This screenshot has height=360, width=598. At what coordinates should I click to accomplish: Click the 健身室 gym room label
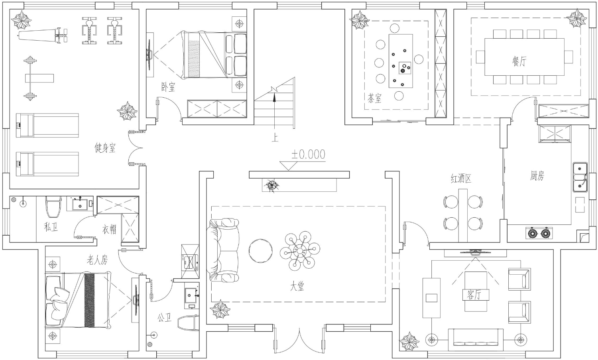[105, 148]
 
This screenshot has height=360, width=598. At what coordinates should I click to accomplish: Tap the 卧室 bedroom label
[168, 87]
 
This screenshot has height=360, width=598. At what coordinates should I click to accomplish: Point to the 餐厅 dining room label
[519, 61]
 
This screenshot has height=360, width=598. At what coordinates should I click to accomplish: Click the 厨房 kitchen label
[537, 176]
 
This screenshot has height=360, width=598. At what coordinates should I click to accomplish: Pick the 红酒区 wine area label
[461, 178]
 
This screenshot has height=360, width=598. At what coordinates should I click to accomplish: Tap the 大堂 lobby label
[297, 287]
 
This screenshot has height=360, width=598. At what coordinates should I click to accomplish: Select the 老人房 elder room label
[97, 260]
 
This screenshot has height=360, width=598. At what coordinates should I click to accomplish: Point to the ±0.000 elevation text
[308, 154]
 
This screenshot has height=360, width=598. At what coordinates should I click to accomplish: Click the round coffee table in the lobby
[261, 251]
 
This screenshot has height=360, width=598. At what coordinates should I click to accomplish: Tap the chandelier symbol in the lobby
[300, 251]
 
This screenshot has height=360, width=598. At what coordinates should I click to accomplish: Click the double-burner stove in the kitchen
[539, 233]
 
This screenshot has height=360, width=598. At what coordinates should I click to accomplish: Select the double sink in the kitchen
[580, 177]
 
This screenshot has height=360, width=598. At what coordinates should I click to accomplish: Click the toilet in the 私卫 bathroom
[53, 207]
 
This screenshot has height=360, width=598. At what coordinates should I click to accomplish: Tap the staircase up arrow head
[274, 98]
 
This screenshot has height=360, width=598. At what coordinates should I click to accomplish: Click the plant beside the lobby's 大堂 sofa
[220, 309]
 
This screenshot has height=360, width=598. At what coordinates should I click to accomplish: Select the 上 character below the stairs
[275, 138]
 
